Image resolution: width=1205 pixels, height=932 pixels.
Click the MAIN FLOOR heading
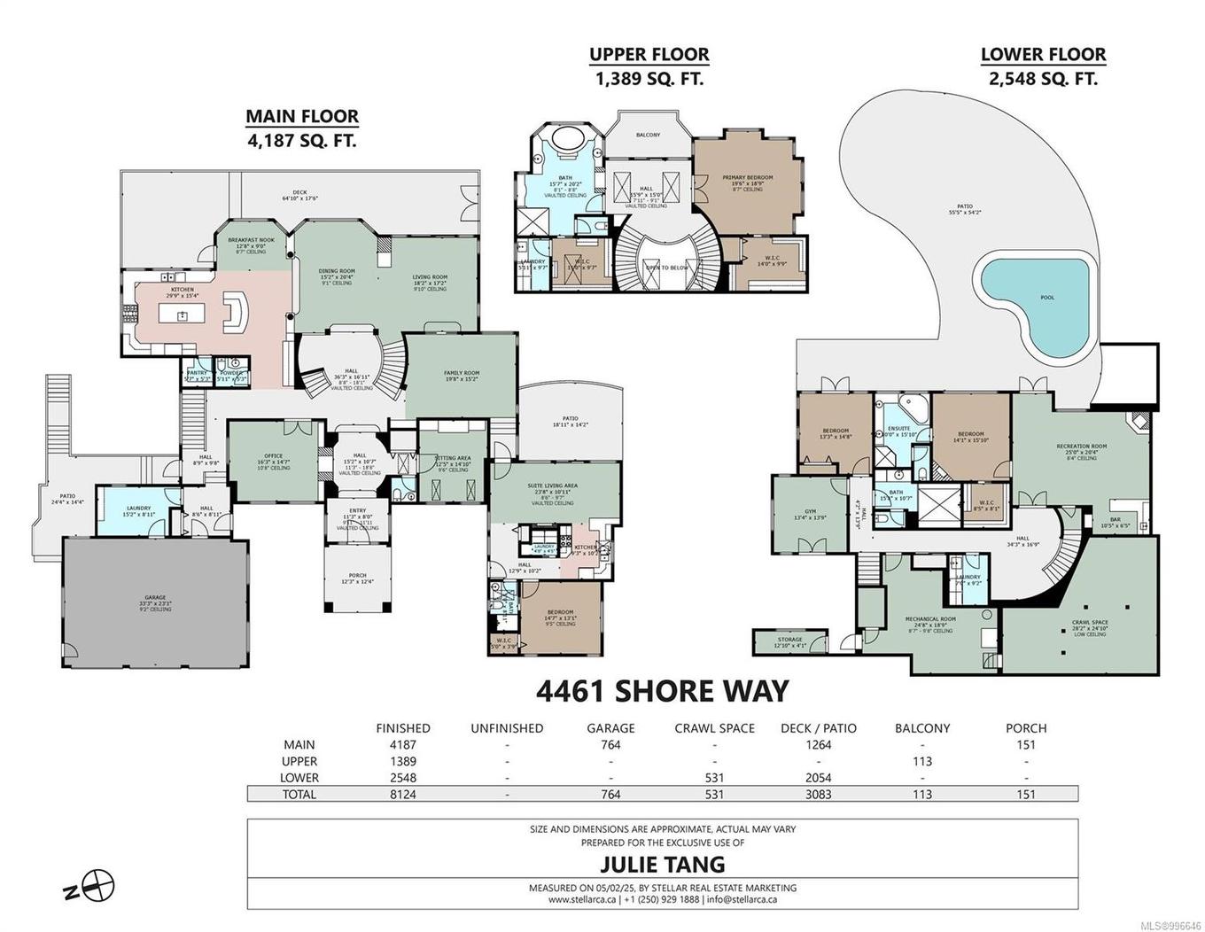[x=302, y=116]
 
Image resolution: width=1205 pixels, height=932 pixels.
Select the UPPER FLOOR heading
[x=649, y=55]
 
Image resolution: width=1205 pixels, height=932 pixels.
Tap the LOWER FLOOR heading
[x=1043, y=55]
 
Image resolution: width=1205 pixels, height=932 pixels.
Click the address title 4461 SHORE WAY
[x=663, y=690]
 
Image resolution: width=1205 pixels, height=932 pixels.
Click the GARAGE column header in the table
[x=610, y=728]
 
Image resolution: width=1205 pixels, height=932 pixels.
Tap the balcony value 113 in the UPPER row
[x=922, y=762]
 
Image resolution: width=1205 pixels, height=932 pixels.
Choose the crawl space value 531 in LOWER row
[x=714, y=778]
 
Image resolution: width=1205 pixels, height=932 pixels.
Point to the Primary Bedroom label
[x=747, y=178]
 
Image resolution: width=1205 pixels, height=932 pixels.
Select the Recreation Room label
[x=1082, y=447]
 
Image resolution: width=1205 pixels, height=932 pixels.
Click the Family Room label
[x=461, y=374]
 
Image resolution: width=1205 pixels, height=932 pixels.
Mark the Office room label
[x=273, y=456]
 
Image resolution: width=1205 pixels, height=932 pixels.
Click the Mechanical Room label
[x=929, y=618]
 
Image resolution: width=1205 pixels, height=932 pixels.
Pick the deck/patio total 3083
[x=818, y=795]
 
